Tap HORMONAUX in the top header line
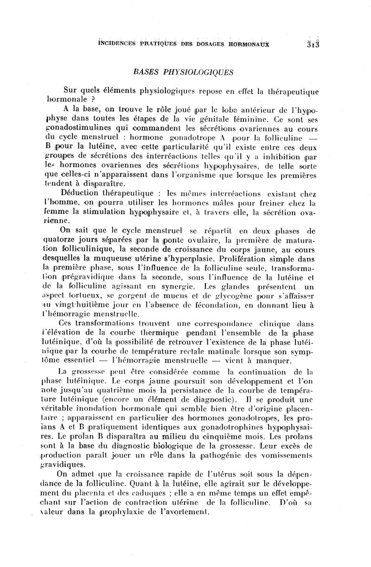coord(248,45)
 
